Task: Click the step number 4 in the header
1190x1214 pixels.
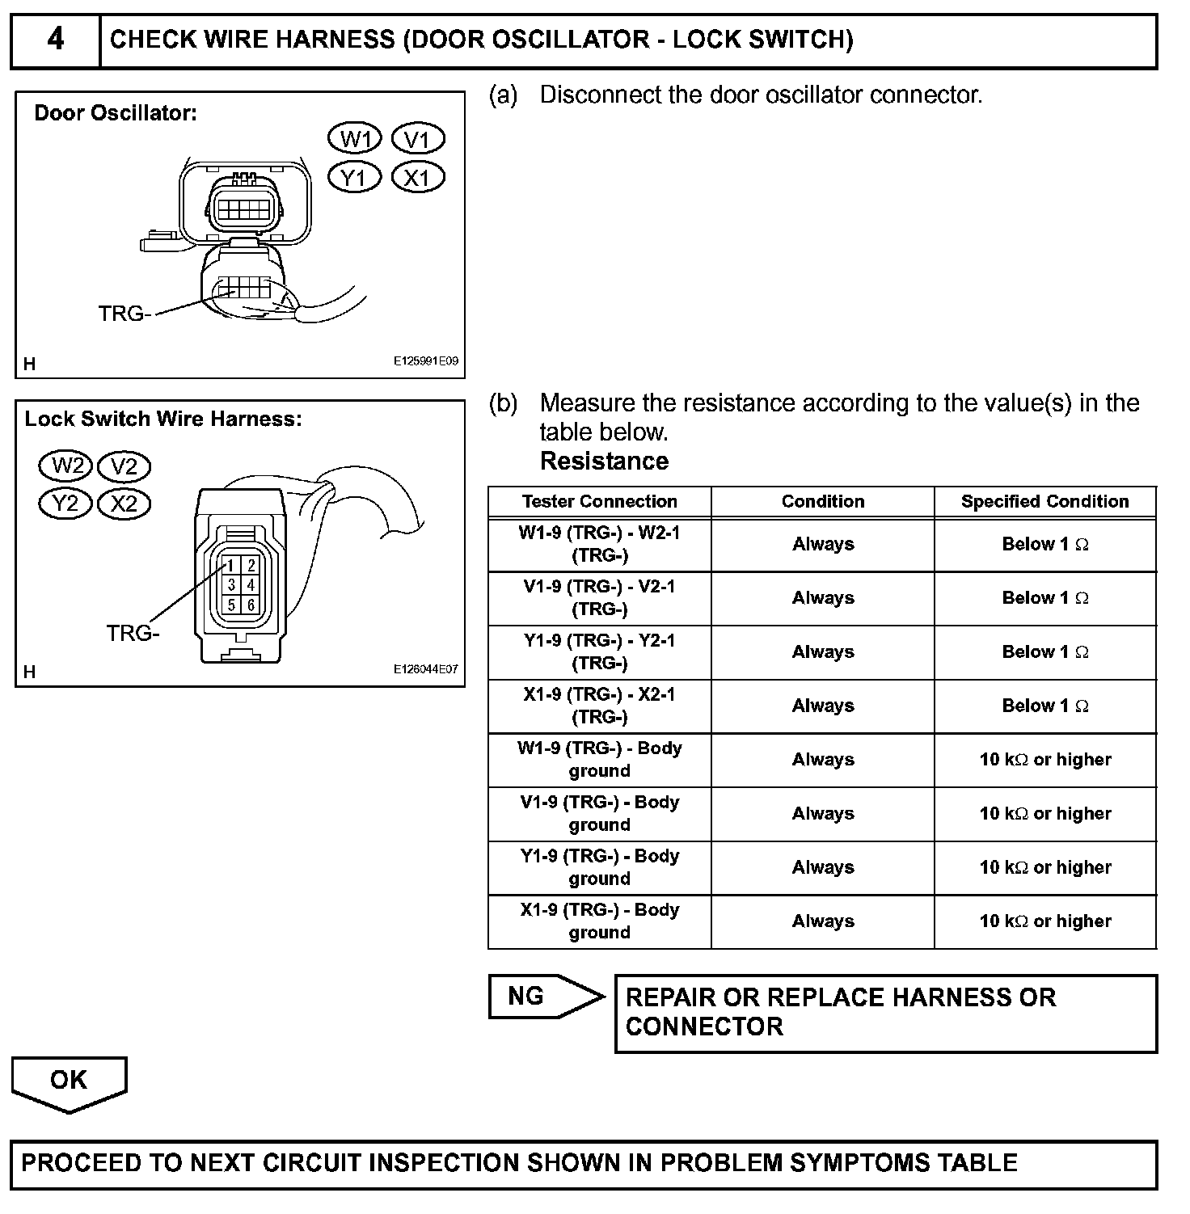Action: (x=55, y=39)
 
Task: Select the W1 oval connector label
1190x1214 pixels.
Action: (x=354, y=139)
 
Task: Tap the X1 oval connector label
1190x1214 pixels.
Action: (x=417, y=177)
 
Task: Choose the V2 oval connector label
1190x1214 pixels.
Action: (x=124, y=466)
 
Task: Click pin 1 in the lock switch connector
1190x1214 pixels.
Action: (x=231, y=565)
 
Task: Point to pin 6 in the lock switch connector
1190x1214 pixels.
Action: (x=251, y=605)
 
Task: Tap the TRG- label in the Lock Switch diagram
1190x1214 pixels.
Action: (x=133, y=633)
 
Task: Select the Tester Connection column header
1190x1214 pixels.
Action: (x=599, y=501)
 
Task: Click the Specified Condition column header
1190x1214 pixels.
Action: (x=1044, y=501)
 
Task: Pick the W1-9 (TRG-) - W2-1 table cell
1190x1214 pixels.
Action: (x=599, y=544)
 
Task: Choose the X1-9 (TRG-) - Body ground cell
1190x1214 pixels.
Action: (x=599, y=921)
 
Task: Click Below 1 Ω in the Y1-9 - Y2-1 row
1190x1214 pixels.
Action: (x=1044, y=651)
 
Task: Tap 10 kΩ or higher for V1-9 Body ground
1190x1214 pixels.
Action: (x=1044, y=813)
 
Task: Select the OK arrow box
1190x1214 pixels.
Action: (x=69, y=1081)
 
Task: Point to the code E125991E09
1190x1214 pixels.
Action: (x=425, y=360)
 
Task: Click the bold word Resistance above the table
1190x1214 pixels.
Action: (x=604, y=461)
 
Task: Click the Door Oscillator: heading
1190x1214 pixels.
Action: (x=116, y=113)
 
